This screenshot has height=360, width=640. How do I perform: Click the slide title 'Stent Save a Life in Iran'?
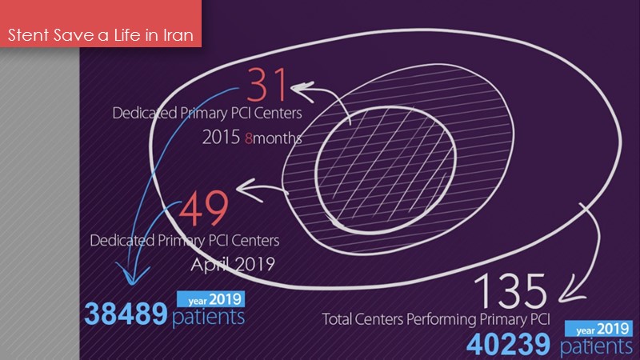click(100, 36)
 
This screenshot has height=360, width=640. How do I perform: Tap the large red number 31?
click(266, 84)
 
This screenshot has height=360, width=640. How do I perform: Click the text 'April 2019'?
click(231, 262)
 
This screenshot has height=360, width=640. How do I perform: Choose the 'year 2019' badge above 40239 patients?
click(595, 328)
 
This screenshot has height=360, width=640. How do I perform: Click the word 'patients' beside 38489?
click(208, 317)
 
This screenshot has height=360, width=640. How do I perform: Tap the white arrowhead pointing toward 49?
click(242, 190)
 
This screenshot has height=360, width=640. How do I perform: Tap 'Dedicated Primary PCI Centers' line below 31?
click(202, 113)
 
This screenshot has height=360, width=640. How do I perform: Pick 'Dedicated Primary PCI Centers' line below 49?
click(190, 240)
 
